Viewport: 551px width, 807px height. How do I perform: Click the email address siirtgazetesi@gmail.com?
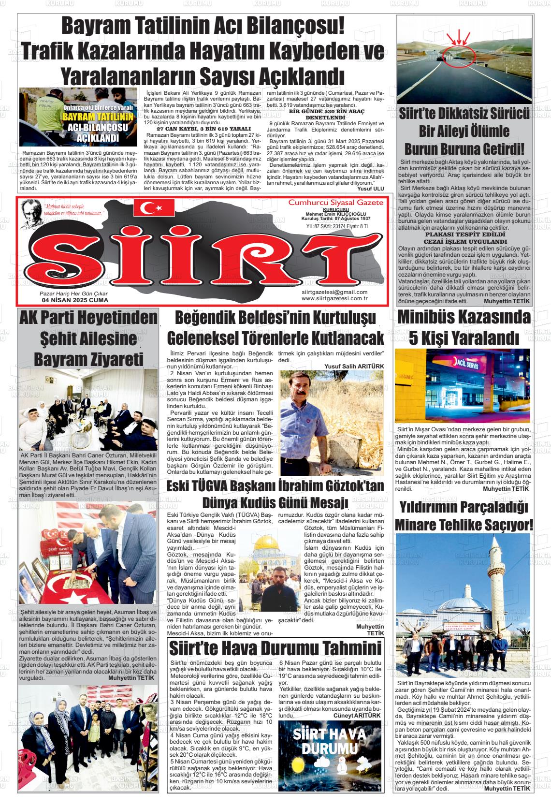[334, 292]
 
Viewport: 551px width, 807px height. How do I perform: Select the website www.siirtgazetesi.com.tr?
[334, 298]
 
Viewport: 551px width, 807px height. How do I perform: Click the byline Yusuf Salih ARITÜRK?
[354, 366]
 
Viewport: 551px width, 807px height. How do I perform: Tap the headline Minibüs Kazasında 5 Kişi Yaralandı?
[464, 327]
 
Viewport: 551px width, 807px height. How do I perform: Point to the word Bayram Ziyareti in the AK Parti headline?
[89, 359]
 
